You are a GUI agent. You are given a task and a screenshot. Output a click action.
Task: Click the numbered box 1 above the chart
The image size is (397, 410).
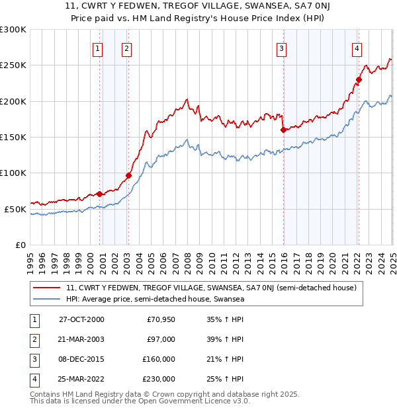[x=97, y=48]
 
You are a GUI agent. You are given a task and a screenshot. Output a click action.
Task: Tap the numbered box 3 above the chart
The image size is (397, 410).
[x=282, y=48]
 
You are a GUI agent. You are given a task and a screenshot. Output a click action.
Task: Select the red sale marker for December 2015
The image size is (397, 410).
[x=283, y=130]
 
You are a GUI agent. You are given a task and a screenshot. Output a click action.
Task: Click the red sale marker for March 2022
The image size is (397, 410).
[x=359, y=79]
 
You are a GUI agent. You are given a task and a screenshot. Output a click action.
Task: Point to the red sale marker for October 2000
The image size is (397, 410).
[x=100, y=194]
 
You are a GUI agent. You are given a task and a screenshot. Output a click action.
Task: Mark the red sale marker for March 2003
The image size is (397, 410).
[x=129, y=175]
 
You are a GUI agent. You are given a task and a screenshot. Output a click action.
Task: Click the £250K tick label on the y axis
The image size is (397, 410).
[x=13, y=65]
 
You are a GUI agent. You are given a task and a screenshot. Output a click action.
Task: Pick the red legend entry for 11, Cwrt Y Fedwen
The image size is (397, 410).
[x=211, y=288]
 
